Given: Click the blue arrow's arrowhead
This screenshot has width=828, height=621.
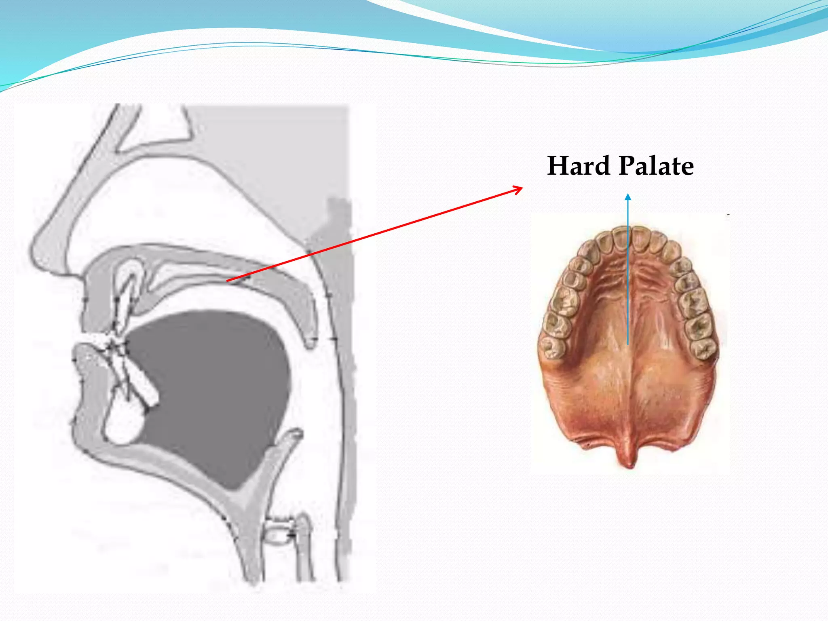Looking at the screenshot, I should [628, 197].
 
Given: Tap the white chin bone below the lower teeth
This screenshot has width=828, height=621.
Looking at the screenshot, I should [123, 425].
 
